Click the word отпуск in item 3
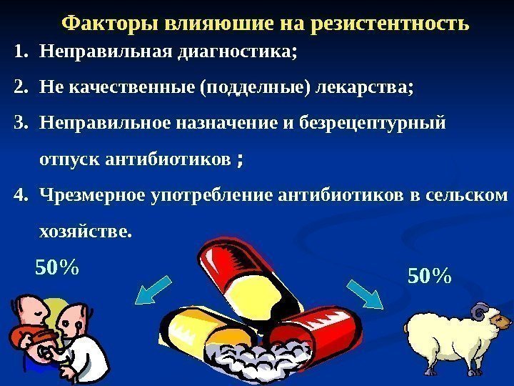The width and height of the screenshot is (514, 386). coord(69,158)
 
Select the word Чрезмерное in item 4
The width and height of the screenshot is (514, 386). coord(94,195)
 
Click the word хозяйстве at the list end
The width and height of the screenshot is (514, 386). coord(85,231)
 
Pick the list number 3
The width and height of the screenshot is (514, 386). coord(19,123)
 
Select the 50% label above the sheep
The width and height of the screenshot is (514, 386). coord(430,274)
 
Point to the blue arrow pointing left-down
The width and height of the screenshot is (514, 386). coord(153,289)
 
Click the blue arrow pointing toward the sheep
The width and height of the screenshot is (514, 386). coord(365,292)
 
